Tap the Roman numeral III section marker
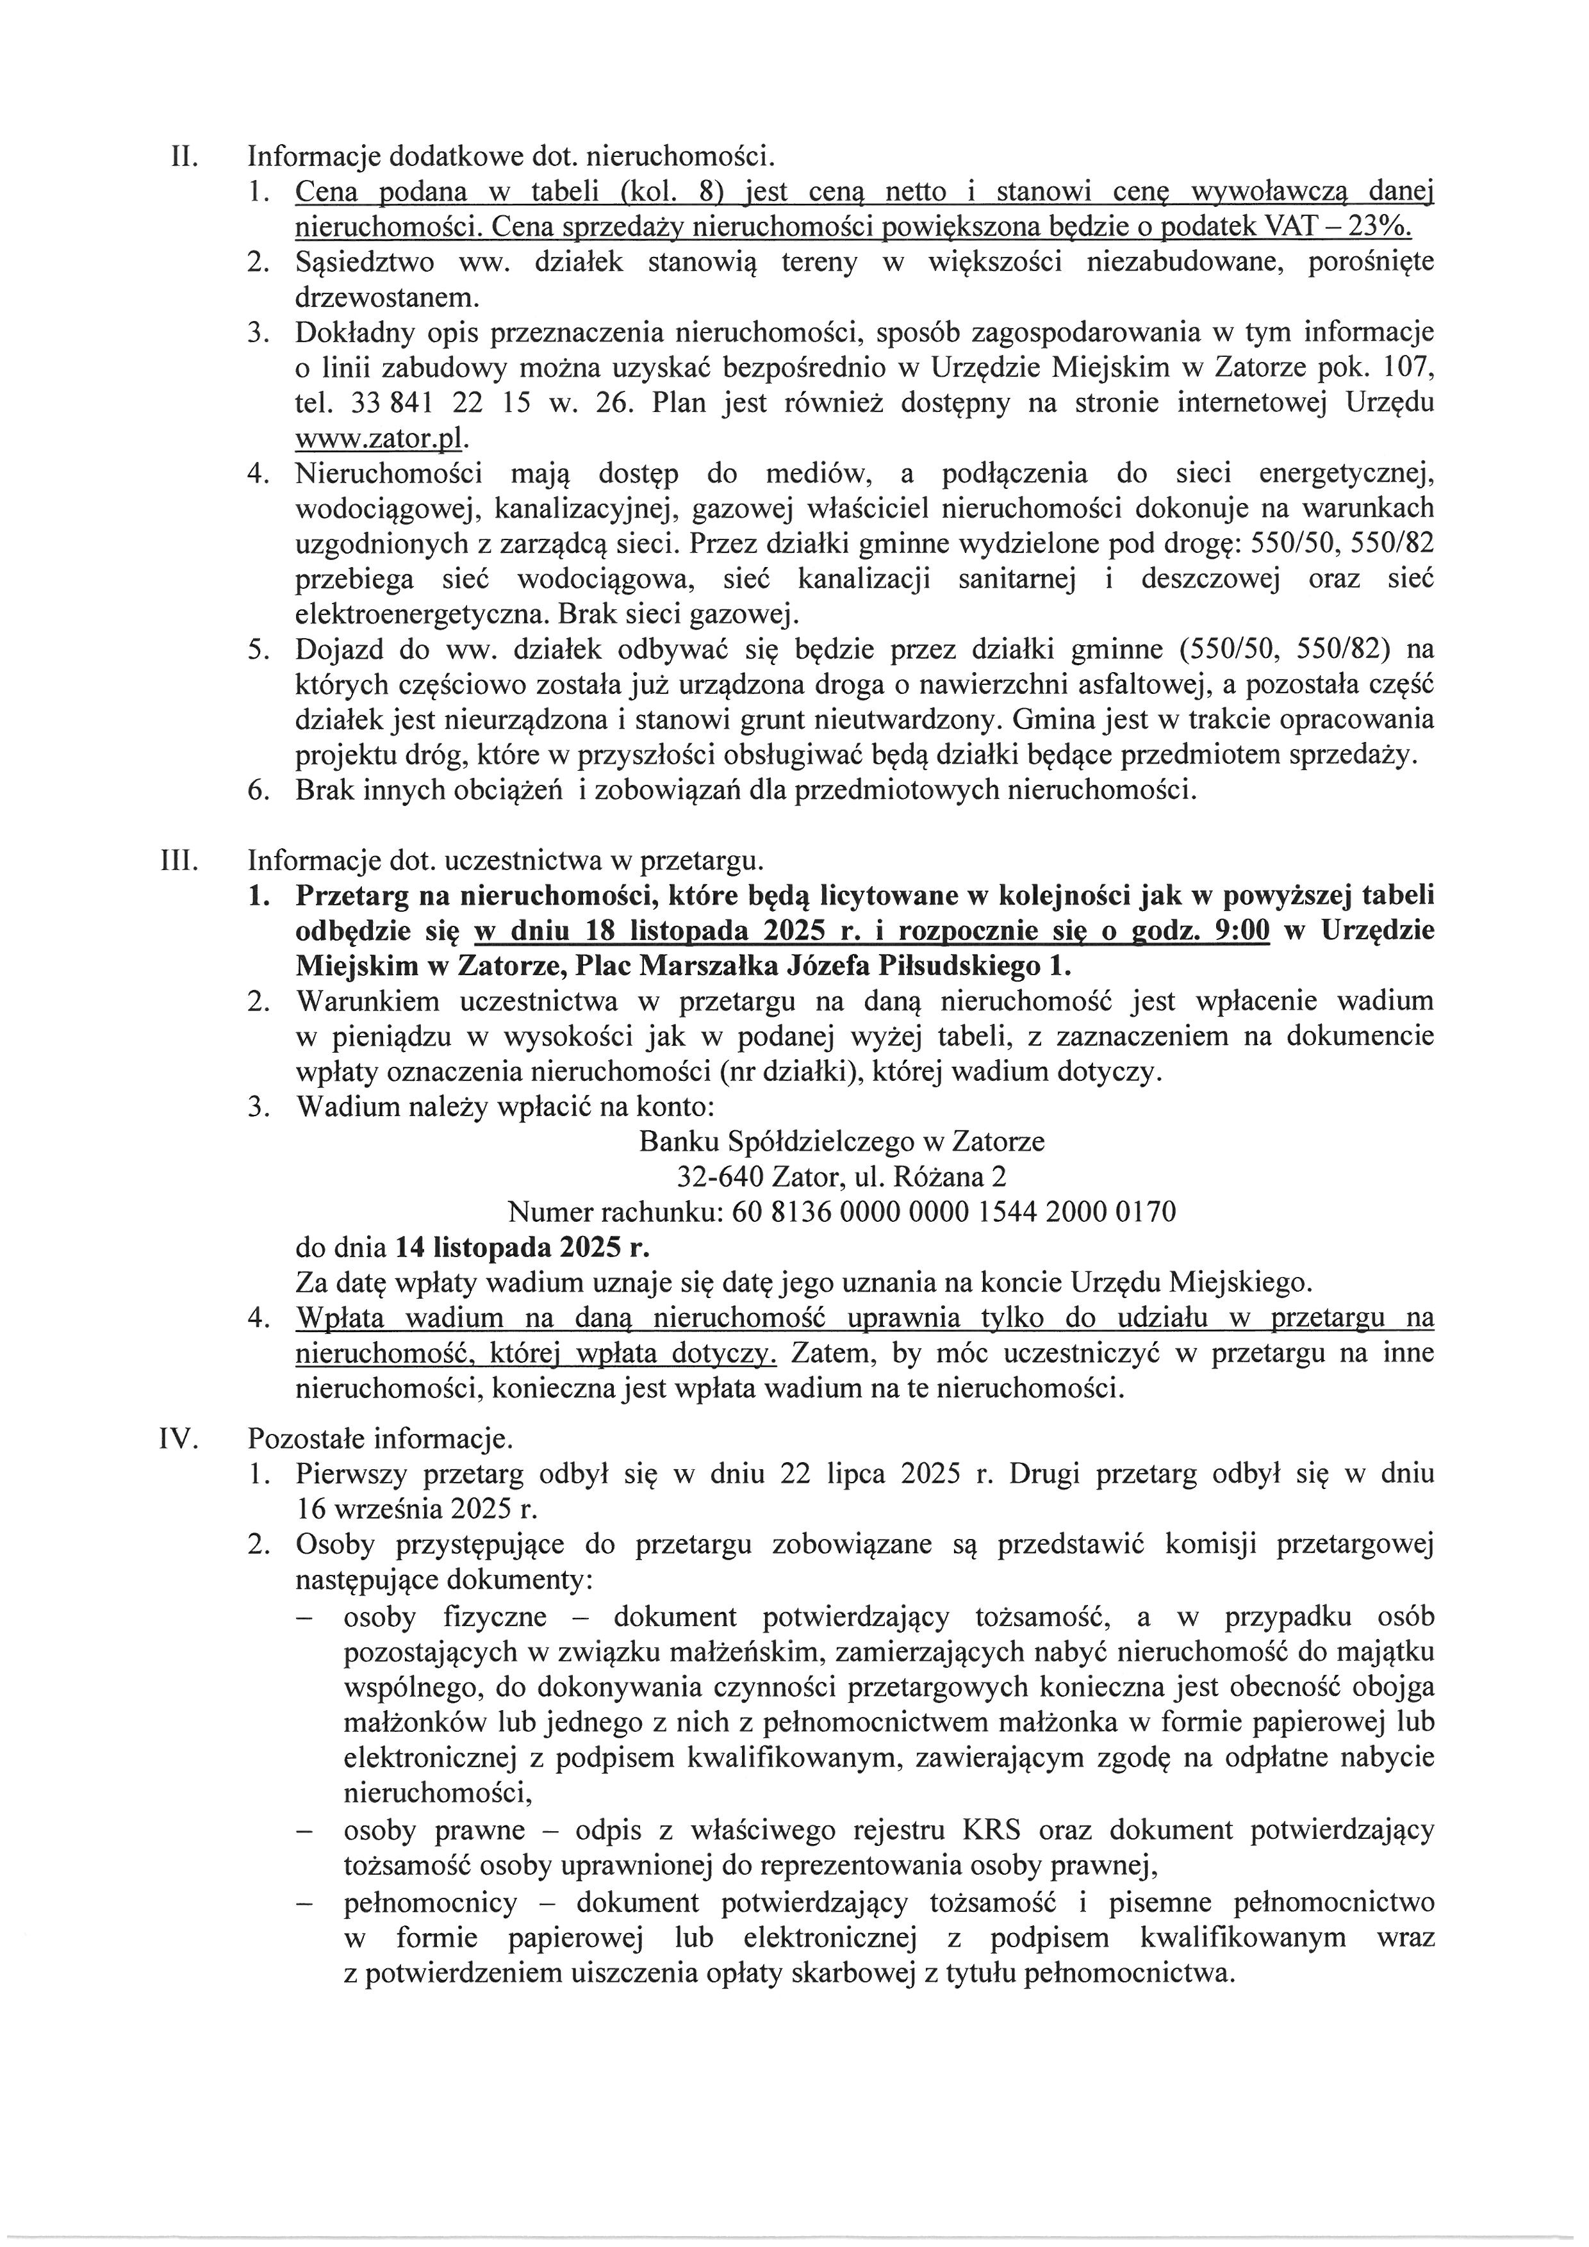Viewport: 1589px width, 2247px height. pos(179,861)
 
